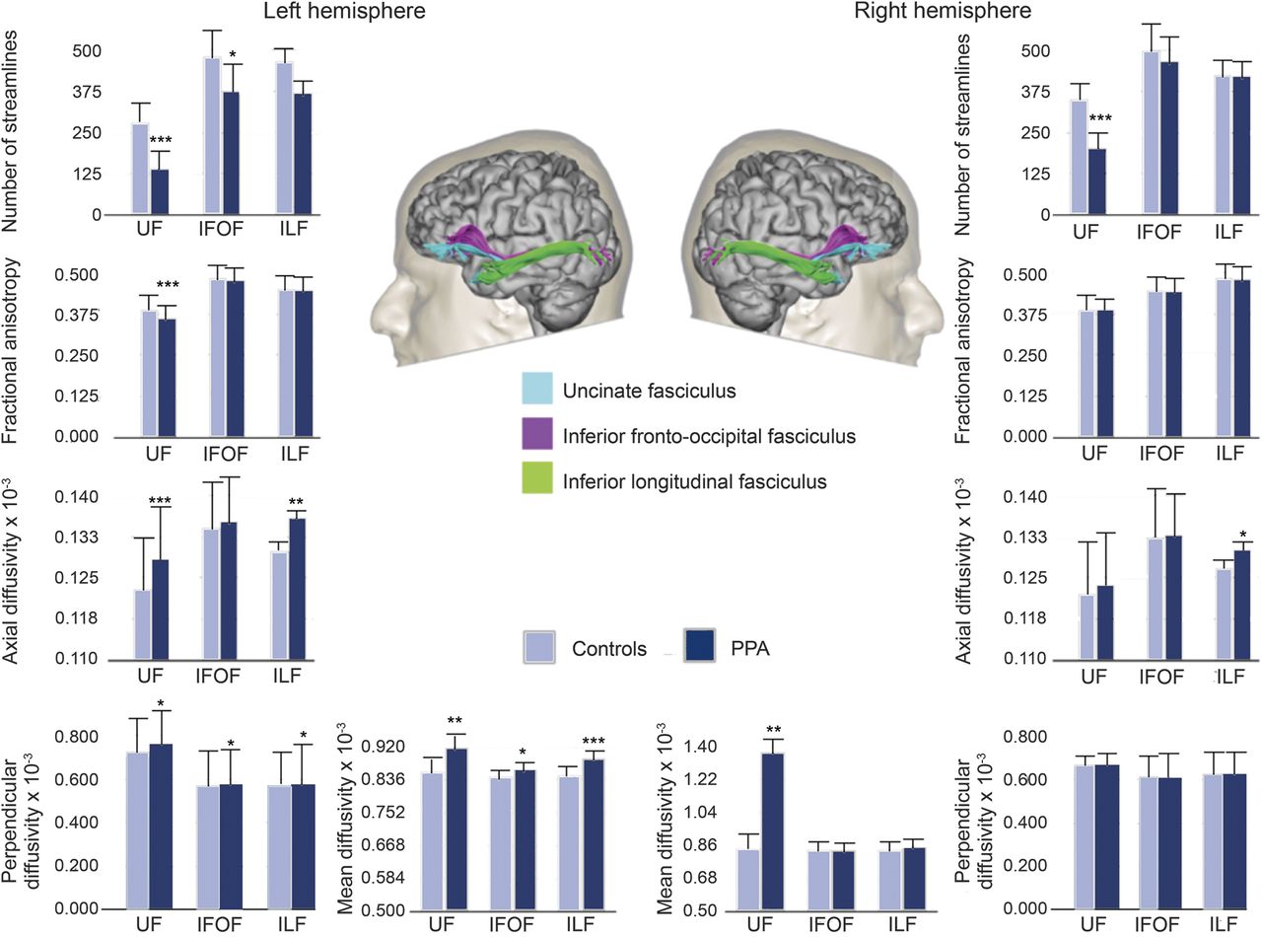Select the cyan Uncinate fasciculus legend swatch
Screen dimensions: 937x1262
coord(537,391)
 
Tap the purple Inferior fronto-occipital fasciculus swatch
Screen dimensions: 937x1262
coord(537,436)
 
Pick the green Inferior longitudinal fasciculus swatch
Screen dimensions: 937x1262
coord(537,481)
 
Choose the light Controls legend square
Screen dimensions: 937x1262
coord(541,647)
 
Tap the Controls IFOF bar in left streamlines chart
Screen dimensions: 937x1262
coord(211,135)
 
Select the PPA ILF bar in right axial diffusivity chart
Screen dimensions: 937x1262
coord(1242,605)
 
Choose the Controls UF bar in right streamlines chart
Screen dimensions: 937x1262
coord(1079,158)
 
